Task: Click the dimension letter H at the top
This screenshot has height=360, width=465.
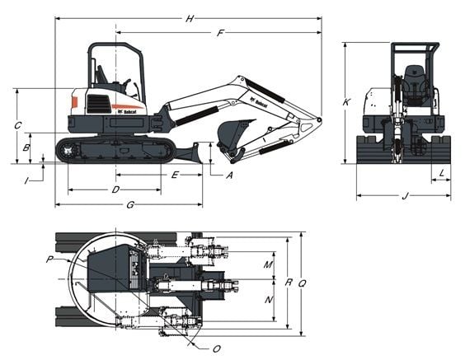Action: click(x=190, y=18)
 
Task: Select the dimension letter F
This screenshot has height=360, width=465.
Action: click(x=220, y=33)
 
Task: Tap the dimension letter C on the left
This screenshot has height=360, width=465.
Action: click(x=17, y=125)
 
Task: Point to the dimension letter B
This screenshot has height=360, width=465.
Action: click(x=27, y=148)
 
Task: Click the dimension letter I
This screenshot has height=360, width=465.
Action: click(x=27, y=179)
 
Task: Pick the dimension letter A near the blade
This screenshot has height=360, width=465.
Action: click(x=229, y=175)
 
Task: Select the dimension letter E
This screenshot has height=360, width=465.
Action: click(x=175, y=175)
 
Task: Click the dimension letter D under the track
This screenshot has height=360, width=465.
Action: click(x=115, y=190)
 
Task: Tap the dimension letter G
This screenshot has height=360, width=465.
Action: click(x=130, y=204)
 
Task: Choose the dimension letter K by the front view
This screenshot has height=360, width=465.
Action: click(x=347, y=102)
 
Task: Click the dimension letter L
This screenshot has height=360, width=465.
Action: click(x=442, y=173)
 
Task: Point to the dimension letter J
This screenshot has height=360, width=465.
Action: click(x=404, y=196)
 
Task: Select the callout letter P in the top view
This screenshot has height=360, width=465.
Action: click(x=49, y=259)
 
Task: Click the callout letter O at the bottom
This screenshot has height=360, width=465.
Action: click(x=217, y=348)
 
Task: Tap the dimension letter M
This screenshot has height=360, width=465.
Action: click(x=268, y=264)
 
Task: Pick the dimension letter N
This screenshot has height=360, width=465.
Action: click(x=268, y=300)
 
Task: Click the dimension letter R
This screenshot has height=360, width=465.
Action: click(x=288, y=283)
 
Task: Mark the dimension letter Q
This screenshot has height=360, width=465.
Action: click(x=303, y=283)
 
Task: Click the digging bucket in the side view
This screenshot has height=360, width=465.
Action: click(x=236, y=133)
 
